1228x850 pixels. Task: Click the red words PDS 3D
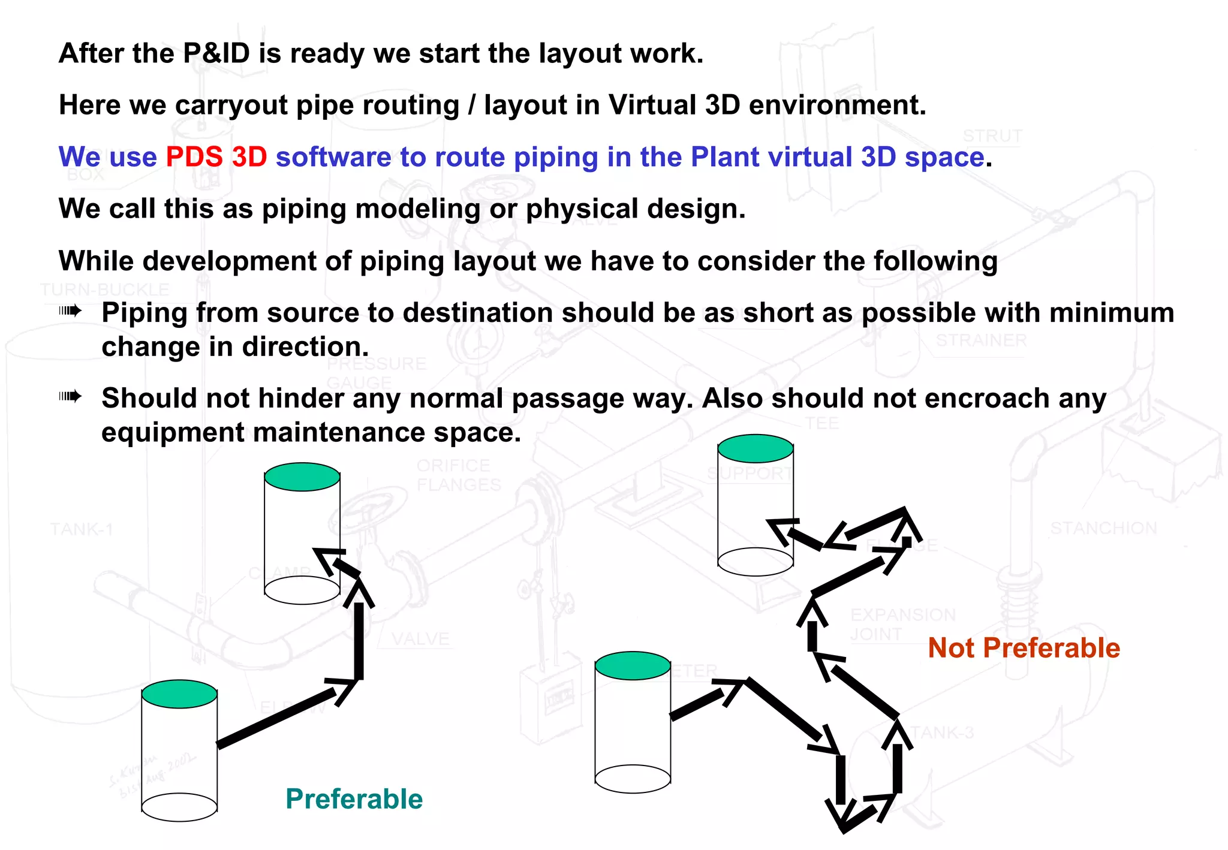point(216,157)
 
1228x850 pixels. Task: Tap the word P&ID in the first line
point(216,53)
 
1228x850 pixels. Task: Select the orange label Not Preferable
point(1024,648)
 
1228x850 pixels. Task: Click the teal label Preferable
point(354,799)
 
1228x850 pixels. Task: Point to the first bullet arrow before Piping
point(70,311)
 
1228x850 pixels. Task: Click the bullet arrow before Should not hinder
point(70,396)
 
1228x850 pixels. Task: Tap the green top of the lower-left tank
point(179,694)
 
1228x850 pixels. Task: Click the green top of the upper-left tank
point(302,477)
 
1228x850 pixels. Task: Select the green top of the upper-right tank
point(756,448)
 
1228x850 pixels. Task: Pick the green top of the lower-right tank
point(633,666)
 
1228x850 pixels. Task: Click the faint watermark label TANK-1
point(82,529)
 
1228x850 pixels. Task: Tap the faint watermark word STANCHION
point(1103,528)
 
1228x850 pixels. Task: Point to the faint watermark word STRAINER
point(981,340)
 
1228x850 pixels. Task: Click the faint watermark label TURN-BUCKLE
point(105,290)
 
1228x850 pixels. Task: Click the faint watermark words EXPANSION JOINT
point(902,624)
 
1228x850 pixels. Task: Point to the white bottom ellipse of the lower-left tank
point(179,807)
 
